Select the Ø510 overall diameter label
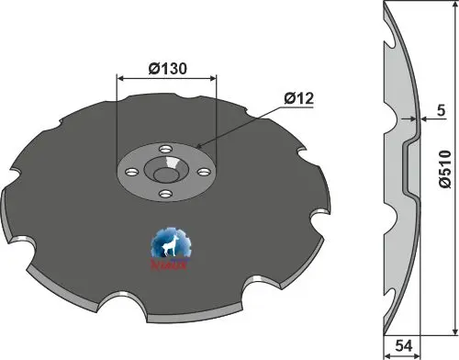point(443,168)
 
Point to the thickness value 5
point(442,110)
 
